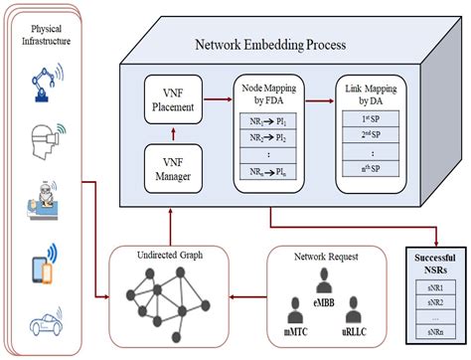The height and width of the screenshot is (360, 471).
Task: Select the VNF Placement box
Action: coord(174,100)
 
